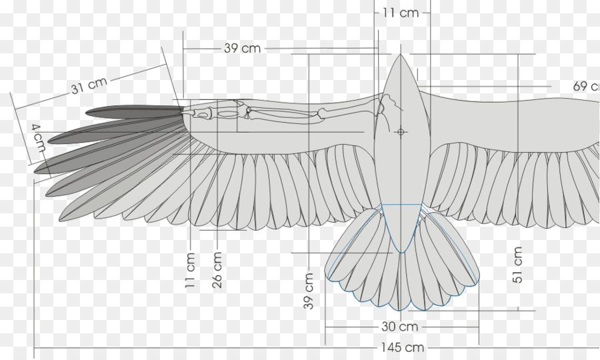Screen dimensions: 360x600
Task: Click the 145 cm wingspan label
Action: tap(403, 347)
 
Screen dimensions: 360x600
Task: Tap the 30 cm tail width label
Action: tap(400, 327)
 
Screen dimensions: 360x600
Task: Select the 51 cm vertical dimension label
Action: tap(518, 265)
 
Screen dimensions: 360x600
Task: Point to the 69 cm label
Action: tap(586, 86)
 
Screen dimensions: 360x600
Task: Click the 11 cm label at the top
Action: tap(401, 12)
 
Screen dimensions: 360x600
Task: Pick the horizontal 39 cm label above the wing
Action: tap(242, 48)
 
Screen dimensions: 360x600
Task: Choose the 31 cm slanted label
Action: tap(89, 86)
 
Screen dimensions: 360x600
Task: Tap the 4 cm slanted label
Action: tap(38, 137)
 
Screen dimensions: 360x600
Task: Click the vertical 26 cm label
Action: tap(217, 270)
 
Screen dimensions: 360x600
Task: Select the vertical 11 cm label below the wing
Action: tap(191, 270)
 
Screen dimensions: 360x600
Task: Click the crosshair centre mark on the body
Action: tap(401, 132)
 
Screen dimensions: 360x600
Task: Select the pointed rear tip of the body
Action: tap(401, 251)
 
